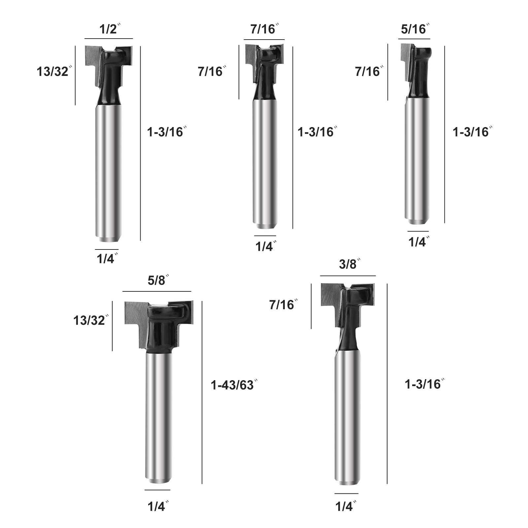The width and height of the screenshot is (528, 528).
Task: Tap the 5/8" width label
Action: [x=158, y=280]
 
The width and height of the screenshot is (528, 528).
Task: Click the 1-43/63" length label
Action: [x=234, y=385]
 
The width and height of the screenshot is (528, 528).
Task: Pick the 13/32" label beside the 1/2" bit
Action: [x=54, y=72]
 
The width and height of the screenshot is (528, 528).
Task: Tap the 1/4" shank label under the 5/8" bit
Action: [x=158, y=507]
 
